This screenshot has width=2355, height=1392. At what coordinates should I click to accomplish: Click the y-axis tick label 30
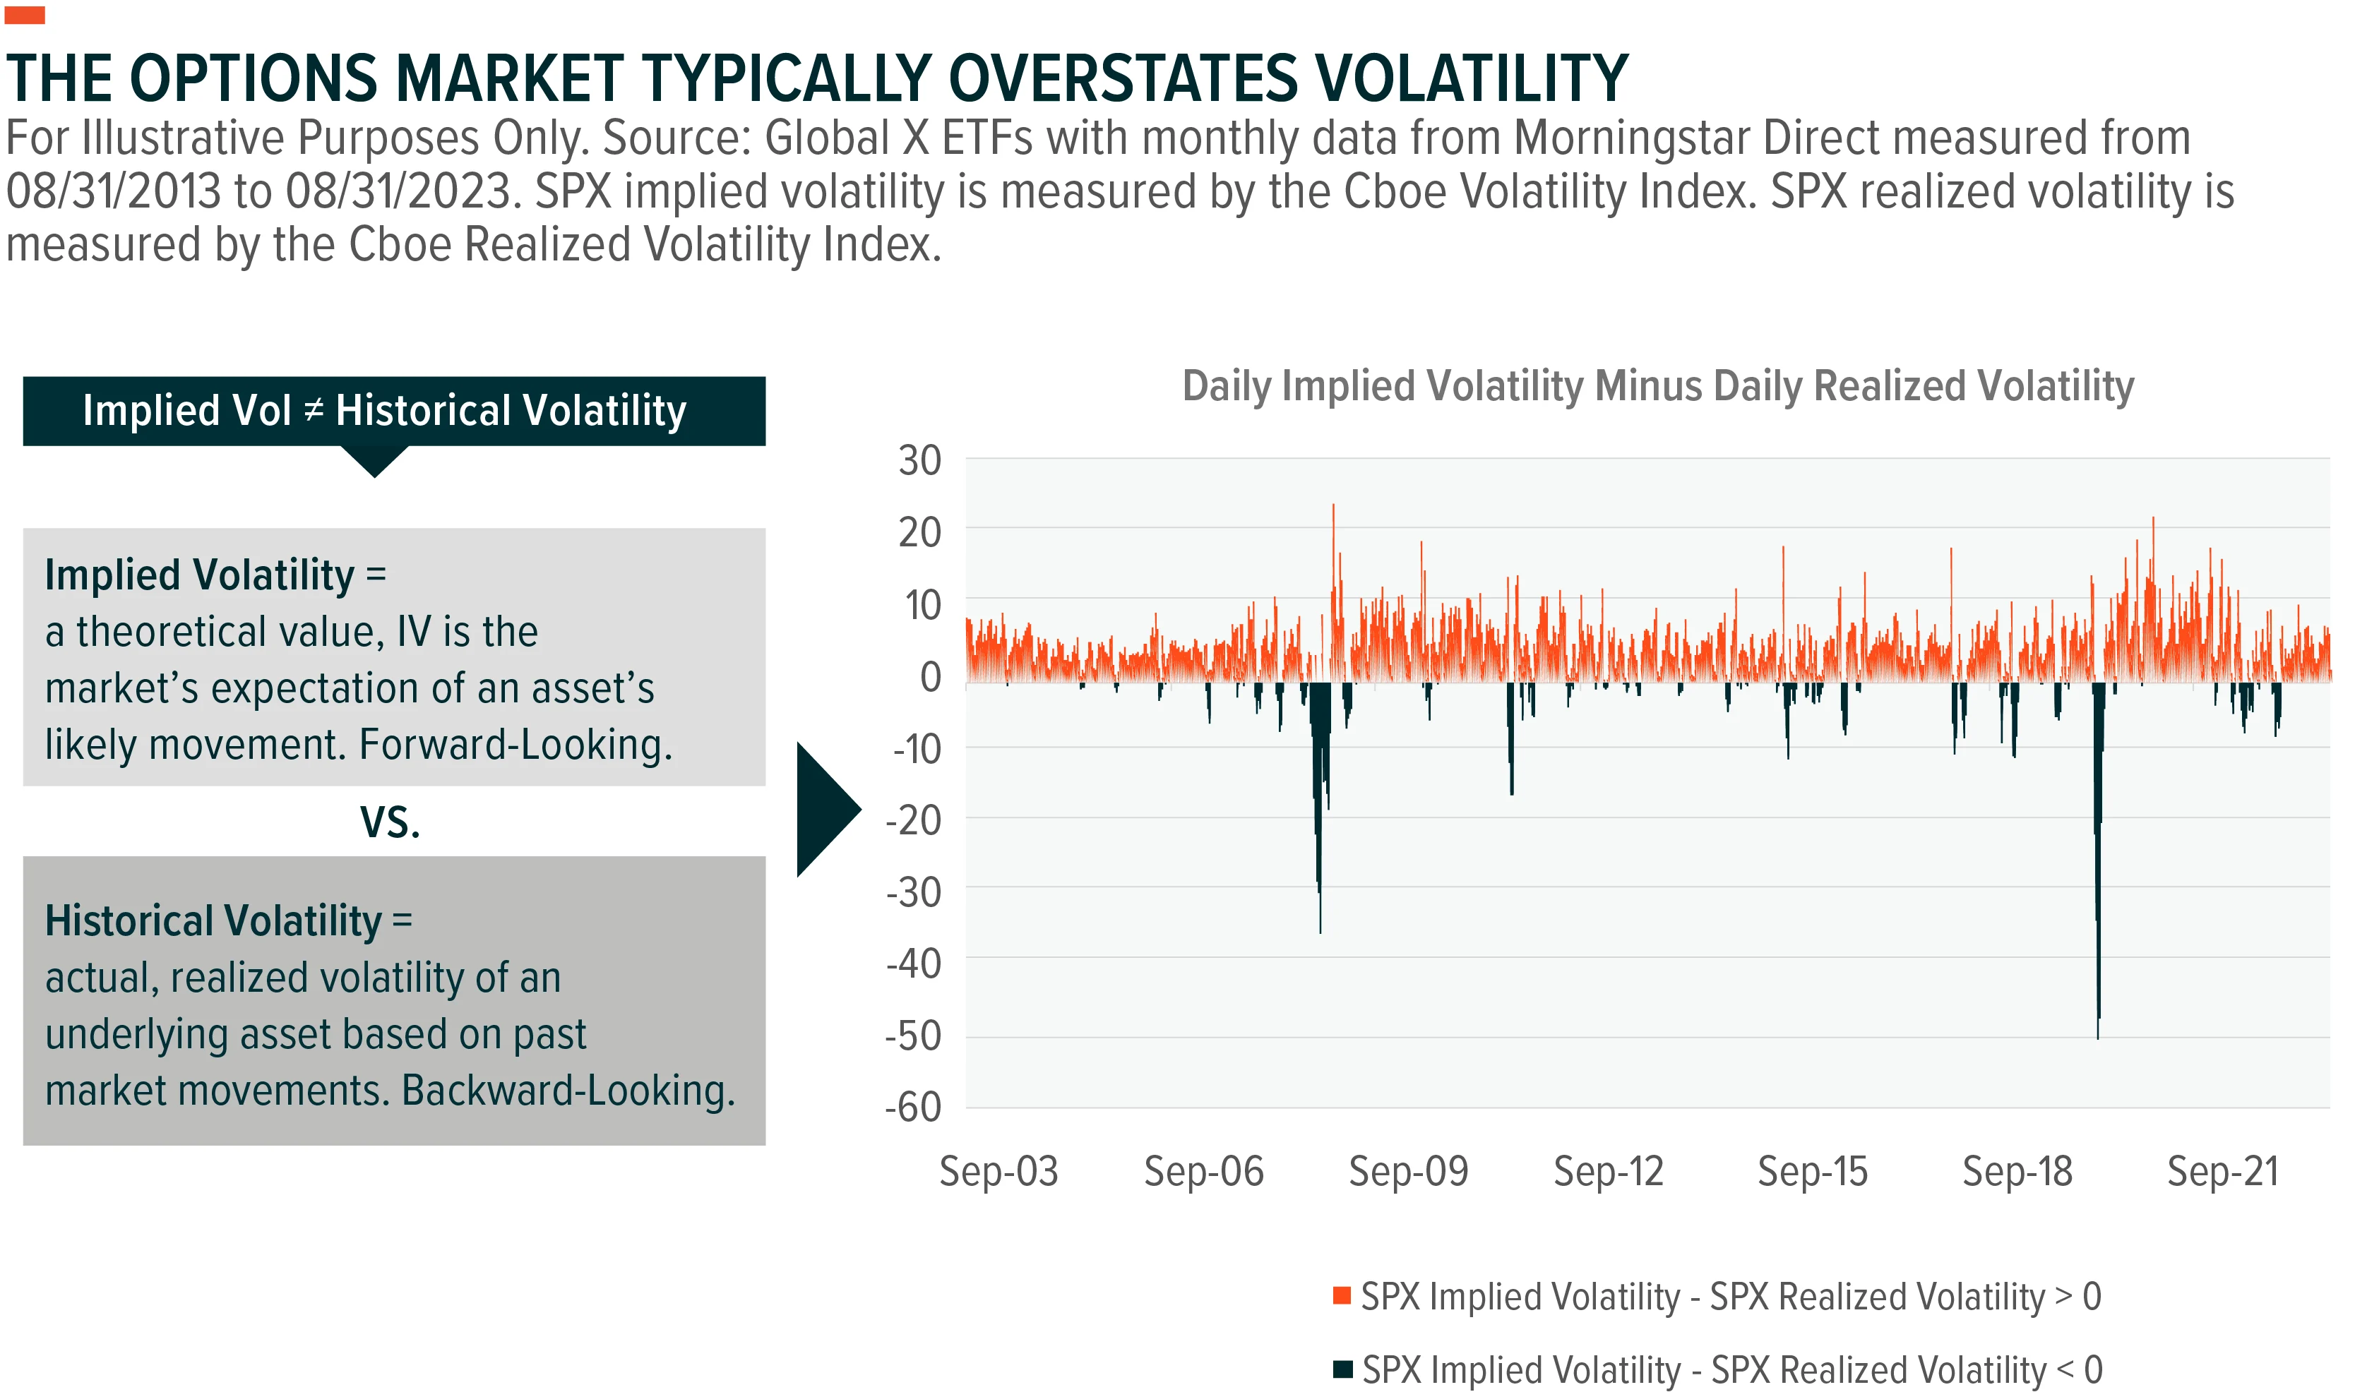(919, 460)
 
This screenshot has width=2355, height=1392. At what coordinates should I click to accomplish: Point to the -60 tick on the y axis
(913, 1107)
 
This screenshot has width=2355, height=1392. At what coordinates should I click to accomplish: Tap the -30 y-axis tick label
(913, 892)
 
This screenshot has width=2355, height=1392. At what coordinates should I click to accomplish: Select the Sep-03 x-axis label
(998, 1172)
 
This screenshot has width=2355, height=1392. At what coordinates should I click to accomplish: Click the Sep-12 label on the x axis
(1608, 1172)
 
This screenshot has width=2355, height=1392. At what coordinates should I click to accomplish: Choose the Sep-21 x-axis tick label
(2223, 1172)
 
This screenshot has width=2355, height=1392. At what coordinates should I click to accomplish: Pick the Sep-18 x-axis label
(2017, 1172)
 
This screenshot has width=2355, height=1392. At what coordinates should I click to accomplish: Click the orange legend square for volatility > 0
(1342, 1295)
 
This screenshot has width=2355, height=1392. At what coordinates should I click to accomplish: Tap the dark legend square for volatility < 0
(1342, 1369)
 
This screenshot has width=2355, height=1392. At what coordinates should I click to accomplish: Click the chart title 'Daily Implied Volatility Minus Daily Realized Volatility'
(1658, 386)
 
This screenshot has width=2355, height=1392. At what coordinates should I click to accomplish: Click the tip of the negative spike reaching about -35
(1320, 932)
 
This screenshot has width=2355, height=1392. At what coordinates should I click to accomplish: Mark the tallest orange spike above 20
(1333, 505)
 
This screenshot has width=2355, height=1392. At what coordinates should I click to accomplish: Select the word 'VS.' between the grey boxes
(390, 822)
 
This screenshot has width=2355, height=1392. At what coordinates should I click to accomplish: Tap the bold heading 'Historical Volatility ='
(229, 921)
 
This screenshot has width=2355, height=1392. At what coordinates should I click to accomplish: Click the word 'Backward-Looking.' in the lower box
(568, 1091)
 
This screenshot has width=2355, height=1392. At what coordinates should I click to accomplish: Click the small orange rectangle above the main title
(25, 15)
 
